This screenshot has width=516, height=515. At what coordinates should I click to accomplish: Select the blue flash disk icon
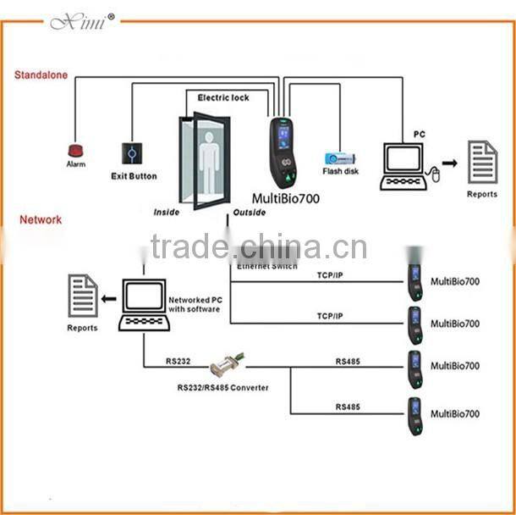342,158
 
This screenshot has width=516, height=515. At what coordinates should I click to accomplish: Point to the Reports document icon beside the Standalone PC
483,163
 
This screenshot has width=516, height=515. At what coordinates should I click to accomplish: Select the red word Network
41,219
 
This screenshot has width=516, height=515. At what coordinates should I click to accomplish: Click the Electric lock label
223,98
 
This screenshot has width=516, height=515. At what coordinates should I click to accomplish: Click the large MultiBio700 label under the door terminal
287,198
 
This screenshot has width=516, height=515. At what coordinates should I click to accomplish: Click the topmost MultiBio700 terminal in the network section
414,280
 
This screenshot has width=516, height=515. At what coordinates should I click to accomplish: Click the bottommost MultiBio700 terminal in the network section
414,416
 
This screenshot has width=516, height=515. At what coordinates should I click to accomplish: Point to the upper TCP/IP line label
330,275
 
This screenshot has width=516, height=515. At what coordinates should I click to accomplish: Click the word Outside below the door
250,213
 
